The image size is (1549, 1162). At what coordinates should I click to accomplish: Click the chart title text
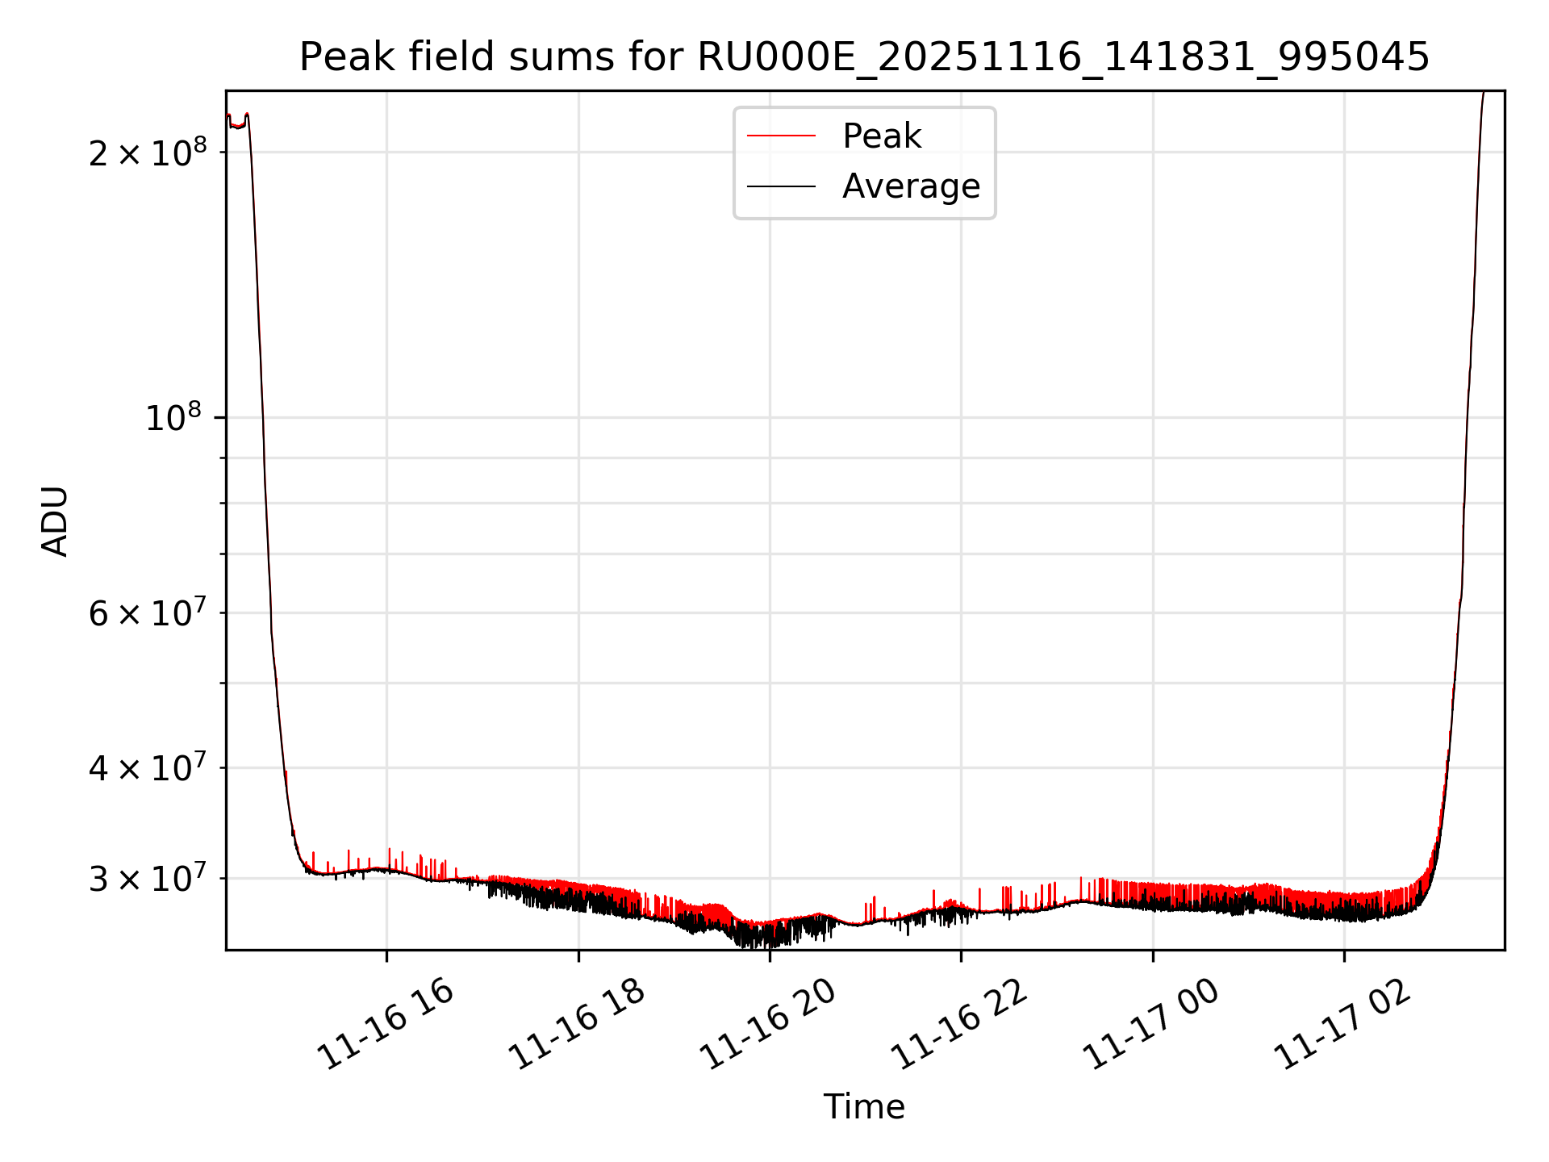(x=864, y=57)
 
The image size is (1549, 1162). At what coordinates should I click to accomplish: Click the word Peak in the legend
(x=881, y=136)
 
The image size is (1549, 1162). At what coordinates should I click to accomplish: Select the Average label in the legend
(x=911, y=186)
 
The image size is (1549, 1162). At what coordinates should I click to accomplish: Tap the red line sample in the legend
(x=781, y=136)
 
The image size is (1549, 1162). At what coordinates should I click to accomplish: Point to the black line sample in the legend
(x=781, y=186)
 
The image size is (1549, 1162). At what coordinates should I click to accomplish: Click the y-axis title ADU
(x=55, y=521)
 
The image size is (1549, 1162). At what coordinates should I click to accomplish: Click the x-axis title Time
(x=864, y=1107)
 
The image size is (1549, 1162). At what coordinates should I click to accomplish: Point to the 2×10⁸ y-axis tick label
(x=147, y=153)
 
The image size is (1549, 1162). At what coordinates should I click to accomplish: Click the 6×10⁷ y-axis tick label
(x=147, y=613)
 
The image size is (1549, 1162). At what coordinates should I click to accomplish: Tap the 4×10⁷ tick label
(x=147, y=768)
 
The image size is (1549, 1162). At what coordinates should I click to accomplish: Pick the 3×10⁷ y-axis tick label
(x=147, y=879)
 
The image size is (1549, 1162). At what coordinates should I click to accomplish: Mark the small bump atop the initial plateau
(x=247, y=115)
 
